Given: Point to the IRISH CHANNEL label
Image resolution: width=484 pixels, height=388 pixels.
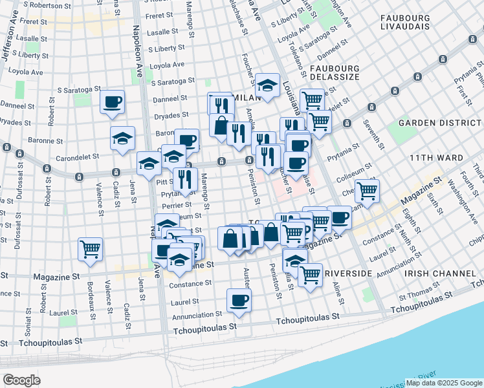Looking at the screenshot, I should pyautogui.click(x=431, y=274).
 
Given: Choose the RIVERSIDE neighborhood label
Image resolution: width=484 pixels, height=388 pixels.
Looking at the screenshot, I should pyautogui.click(x=349, y=274).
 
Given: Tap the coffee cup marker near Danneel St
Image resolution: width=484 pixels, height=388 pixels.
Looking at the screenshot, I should pyautogui.click(x=113, y=102).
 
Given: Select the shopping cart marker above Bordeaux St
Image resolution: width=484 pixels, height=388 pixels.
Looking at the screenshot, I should pyautogui.click(x=91, y=249).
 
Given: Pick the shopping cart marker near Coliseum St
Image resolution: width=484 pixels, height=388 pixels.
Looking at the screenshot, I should pyautogui.click(x=367, y=191).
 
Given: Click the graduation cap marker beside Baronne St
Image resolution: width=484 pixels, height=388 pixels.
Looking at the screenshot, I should pyautogui.click(x=122, y=138).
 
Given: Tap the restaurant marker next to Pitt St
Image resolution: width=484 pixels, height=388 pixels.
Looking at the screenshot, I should pyautogui.click(x=186, y=179).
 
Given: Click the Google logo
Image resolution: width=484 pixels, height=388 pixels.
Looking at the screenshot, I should pyautogui.click(x=21, y=380).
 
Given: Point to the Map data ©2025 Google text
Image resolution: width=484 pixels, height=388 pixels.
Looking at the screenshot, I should pyautogui.click(x=443, y=383).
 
